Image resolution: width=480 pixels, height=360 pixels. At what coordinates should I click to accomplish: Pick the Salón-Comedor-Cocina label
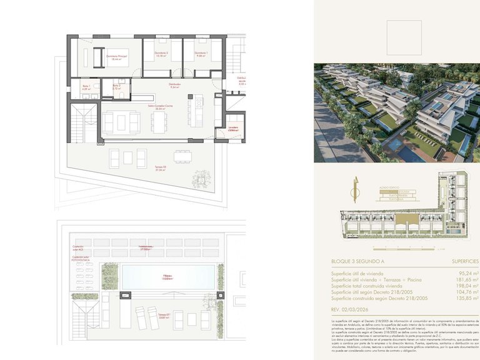(x=160, y=107)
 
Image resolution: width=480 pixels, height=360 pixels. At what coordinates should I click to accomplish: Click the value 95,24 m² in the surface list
(x=465, y=273)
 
